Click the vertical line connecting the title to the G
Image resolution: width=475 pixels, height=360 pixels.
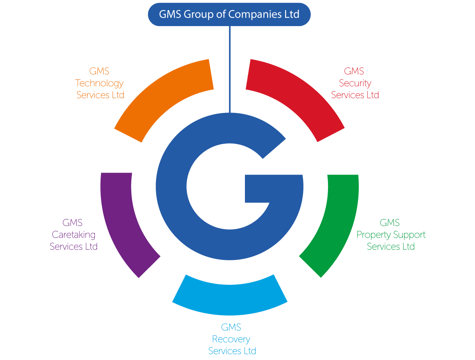click(x=230, y=69)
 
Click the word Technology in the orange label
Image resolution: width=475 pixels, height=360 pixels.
click(x=99, y=83)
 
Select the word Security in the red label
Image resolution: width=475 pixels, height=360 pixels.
click(x=355, y=83)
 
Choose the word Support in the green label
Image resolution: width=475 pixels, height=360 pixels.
click(x=409, y=235)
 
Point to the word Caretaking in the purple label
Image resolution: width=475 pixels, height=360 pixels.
click(x=74, y=235)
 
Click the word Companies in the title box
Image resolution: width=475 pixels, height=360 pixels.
click(x=255, y=14)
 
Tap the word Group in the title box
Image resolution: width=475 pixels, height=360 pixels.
click(x=199, y=14)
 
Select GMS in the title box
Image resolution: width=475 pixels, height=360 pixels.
click(x=170, y=14)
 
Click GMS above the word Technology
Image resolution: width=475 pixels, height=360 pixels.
click(x=99, y=71)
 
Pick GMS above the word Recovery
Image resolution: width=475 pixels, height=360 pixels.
click(x=231, y=327)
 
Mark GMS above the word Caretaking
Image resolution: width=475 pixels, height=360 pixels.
click(x=72, y=223)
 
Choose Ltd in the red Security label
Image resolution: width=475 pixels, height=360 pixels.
click(x=373, y=95)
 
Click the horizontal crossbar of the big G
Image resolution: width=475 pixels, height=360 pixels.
click(x=274, y=189)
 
